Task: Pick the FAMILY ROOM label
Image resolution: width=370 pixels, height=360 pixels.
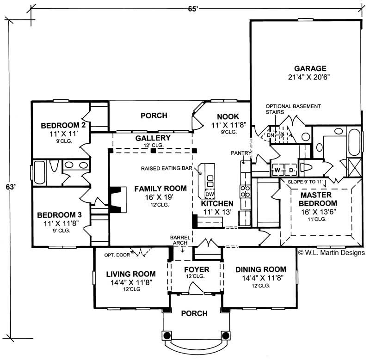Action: (160, 189)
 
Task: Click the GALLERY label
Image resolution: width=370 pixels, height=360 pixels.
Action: (153, 138)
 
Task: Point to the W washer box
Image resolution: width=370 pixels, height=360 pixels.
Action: (277, 170)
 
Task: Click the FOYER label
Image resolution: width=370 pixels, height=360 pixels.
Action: (197, 269)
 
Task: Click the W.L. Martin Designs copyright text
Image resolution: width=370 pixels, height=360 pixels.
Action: (331, 253)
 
